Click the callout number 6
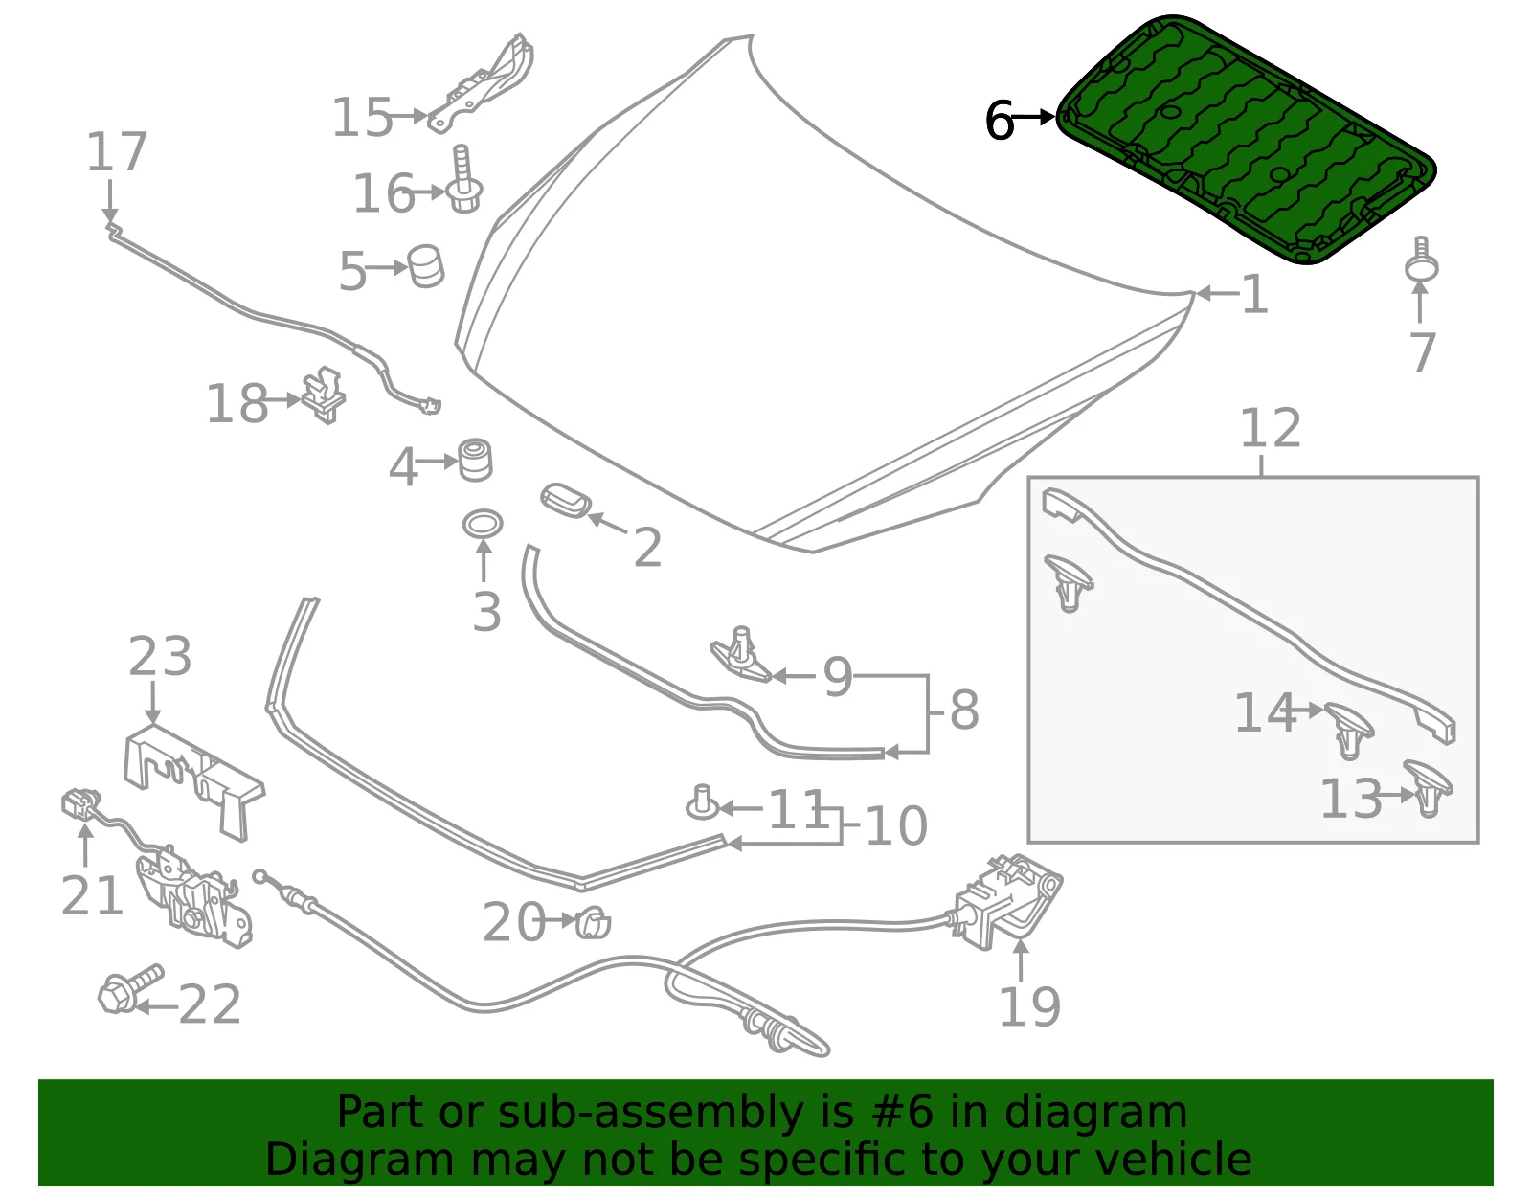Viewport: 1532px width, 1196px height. [x=999, y=121]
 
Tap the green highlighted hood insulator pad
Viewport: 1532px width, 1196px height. [x=1246, y=139]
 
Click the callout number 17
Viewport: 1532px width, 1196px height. [x=116, y=151]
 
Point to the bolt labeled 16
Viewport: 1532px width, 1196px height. [x=463, y=179]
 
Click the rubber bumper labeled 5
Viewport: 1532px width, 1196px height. [x=426, y=266]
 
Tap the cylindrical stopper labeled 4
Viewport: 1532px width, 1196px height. [x=475, y=461]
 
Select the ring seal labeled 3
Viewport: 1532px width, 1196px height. [x=483, y=525]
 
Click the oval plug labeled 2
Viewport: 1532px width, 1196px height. [x=566, y=501]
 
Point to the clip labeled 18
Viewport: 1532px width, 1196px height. [x=324, y=395]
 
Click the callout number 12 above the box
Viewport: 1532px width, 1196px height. [x=1270, y=428]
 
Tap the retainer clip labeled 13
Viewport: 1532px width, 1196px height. [x=1428, y=788]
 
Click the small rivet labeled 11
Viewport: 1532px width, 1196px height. [x=702, y=802]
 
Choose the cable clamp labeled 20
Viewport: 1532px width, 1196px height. [x=594, y=921]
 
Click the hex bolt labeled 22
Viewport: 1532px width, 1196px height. [x=130, y=989]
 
